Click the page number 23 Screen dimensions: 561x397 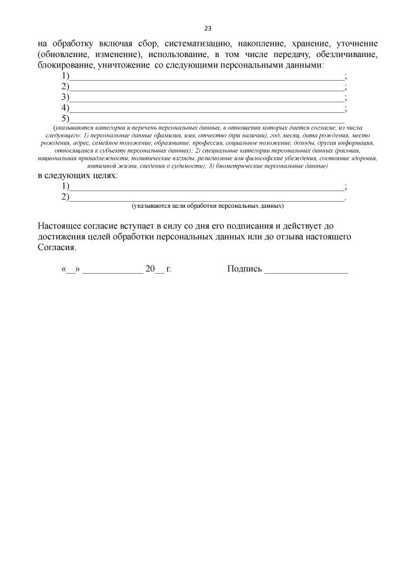tap(208, 29)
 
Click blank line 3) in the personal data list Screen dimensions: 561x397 tap(207, 98)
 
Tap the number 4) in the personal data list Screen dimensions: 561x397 tap(65, 108)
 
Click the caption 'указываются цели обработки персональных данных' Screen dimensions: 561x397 tap(207, 205)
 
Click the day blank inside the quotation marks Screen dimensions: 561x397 tap(71, 271)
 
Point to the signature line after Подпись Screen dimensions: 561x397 tap(306, 271)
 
